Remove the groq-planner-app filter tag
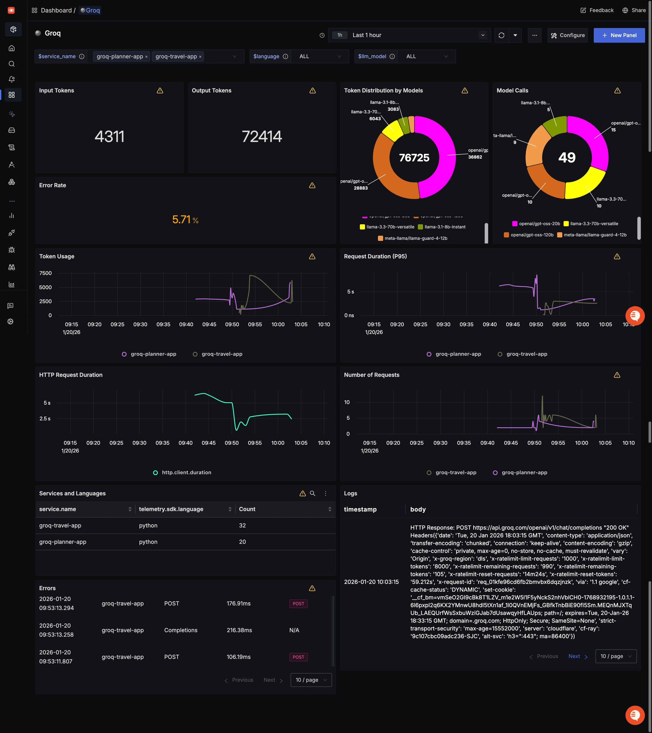[x=146, y=57]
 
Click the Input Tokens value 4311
[x=110, y=137]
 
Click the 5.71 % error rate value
[x=185, y=220]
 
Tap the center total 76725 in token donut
[x=414, y=158]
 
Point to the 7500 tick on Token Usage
[x=45, y=273]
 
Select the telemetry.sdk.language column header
[x=171, y=509]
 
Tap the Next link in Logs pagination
[x=575, y=656]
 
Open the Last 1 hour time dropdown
[x=409, y=35]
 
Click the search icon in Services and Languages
[x=313, y=493]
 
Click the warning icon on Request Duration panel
[x=617, y=256]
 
